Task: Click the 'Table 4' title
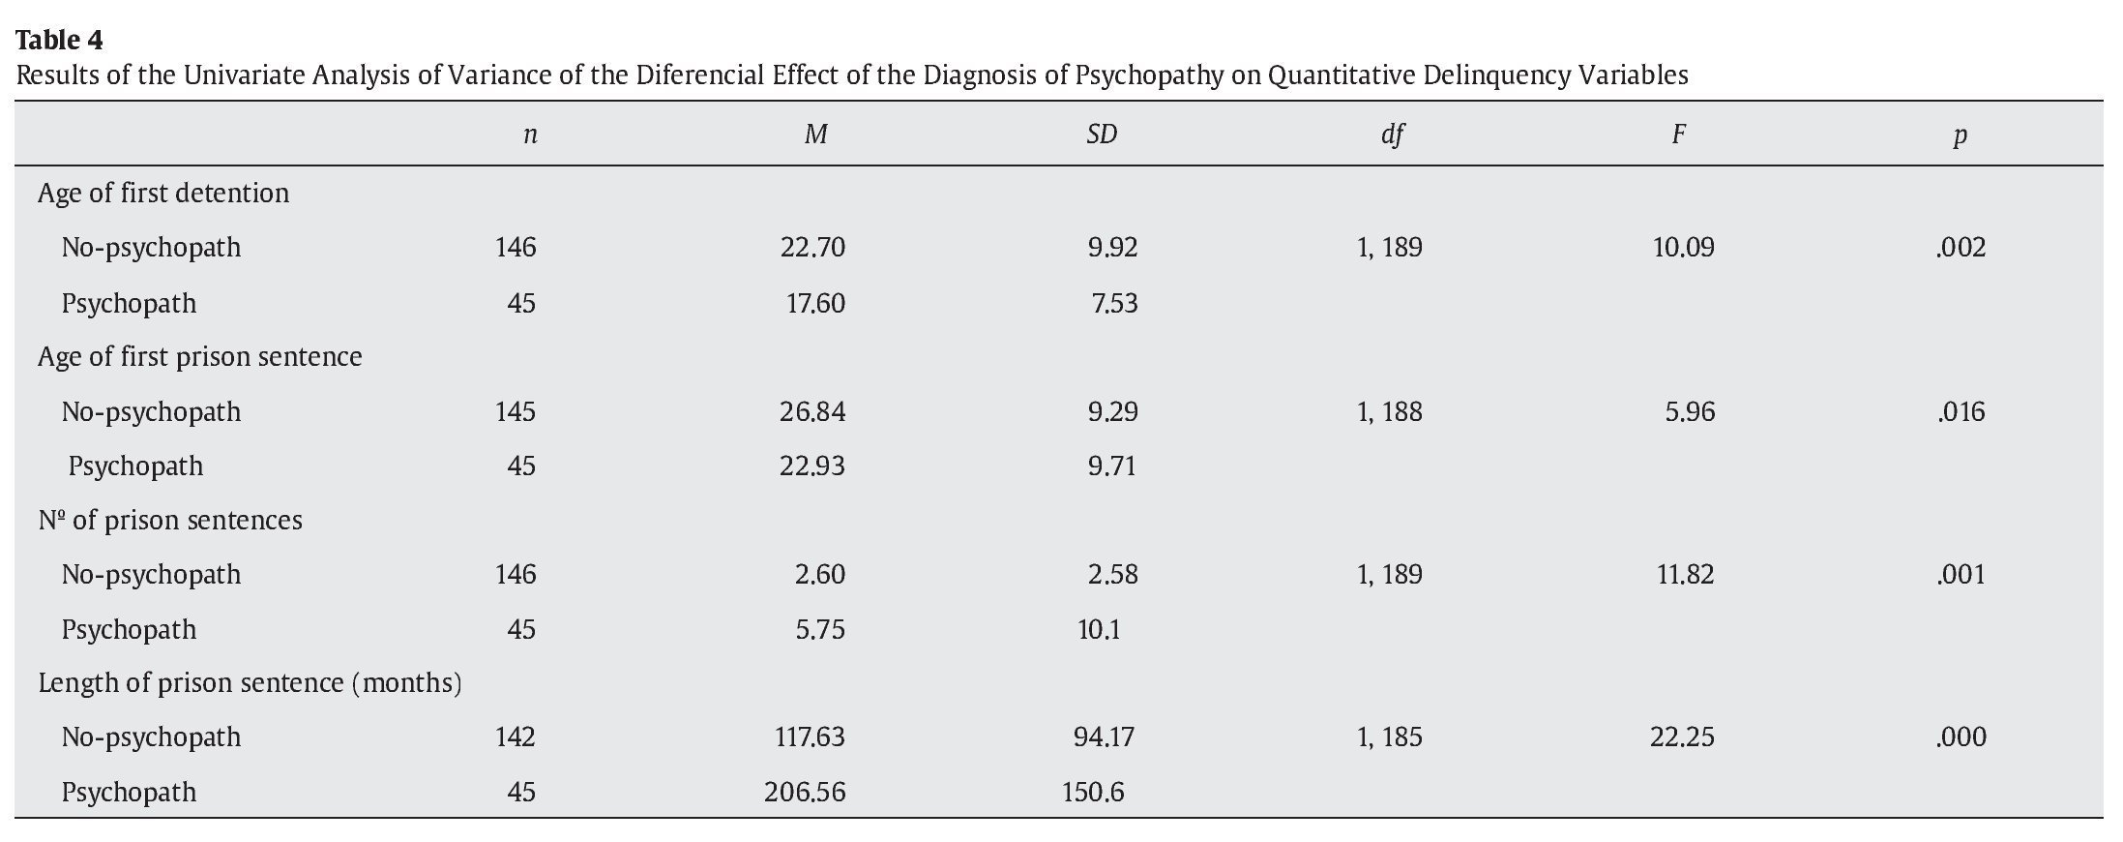tap(59, 41)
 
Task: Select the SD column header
tap(1101, 135)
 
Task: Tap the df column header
tap(1392, 135)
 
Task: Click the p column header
tap(1960, 135)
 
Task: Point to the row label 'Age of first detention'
tap(163, 194)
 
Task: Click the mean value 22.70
tap(812, 248)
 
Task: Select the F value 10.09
tap(1683, 248)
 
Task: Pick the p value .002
tap(1961, 248)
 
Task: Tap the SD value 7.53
tap(1114, 304)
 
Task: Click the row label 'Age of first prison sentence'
tap(200, 357)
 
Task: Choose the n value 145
tap(515, 412)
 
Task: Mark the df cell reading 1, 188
tap(1389, 412)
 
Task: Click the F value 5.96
tap(1690, 412)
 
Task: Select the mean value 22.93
tap(811, 466)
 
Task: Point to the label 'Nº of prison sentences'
tap(170, 521)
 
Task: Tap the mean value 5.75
tap(819, 630)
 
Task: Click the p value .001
tap(1961, 575)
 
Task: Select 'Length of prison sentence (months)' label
tap(250, 683)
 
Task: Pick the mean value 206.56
tap(804, 793)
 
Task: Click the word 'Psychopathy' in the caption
tap(1149, 75)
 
